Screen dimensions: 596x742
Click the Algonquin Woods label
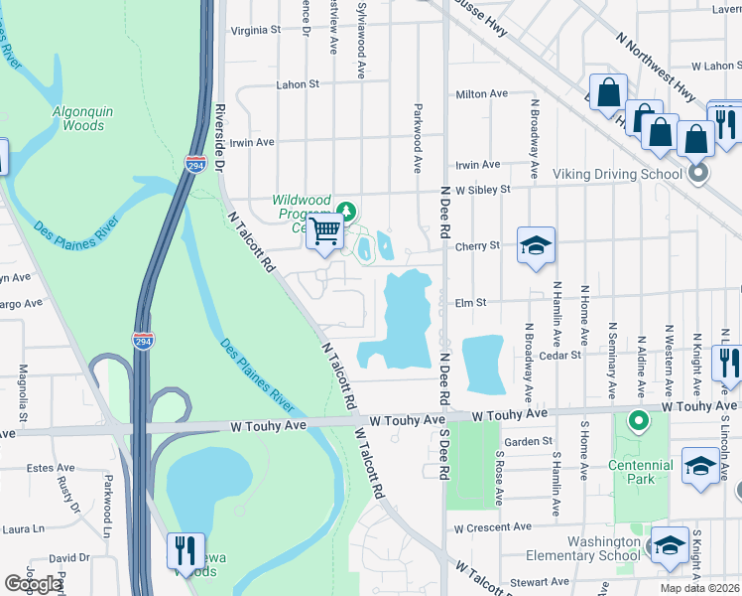[83, 118]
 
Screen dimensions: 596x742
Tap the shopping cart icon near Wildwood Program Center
[325, 233]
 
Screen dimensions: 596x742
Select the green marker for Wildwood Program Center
[346, 210]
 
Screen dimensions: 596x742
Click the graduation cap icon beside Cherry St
[536, 245]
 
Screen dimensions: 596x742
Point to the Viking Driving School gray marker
[698, 174]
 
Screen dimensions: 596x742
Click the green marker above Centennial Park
[640, 421]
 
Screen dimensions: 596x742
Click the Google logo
[33, 583]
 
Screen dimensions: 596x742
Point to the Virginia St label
[256, 30]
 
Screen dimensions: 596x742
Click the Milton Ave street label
[481, 94]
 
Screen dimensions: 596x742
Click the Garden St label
[528, 441]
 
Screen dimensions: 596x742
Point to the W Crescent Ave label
[491, 527]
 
